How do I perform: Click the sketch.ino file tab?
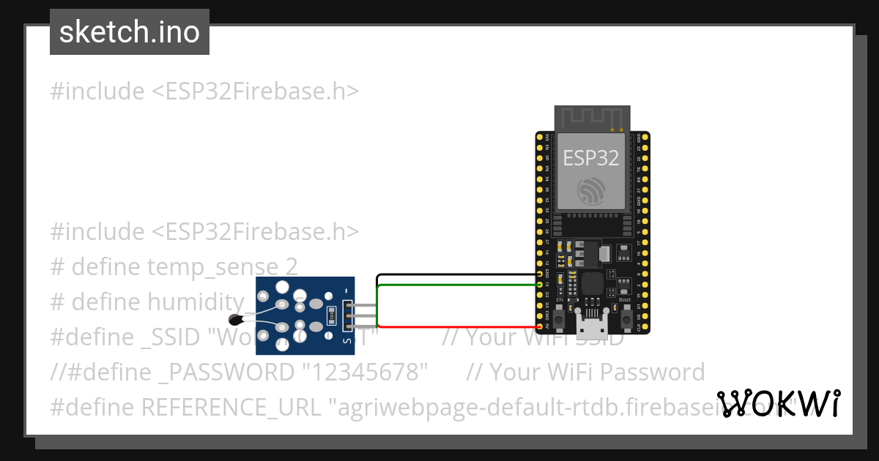[130, 32]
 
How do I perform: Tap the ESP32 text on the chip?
[590, 157]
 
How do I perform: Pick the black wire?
[454, 275]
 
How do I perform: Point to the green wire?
[454, 284]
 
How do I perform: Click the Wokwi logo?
[778, 403]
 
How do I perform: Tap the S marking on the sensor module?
[346, 341]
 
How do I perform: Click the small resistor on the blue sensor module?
[331, 316]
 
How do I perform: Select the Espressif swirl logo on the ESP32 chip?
[590, 192]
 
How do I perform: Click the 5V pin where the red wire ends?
[541, 327]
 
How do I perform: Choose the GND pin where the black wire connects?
[541, 274]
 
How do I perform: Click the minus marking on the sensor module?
[346, 290]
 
